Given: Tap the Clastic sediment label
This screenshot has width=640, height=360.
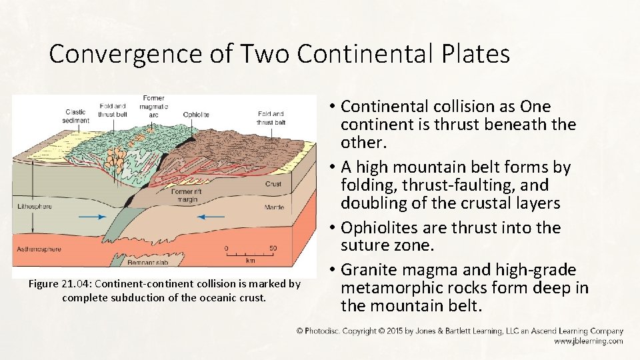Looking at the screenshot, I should point(75,117).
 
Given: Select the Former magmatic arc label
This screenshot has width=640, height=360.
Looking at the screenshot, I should point(153,107).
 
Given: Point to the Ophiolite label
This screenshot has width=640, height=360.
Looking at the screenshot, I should point(196,115).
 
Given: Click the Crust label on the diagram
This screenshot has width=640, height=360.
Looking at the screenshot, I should point(273,183).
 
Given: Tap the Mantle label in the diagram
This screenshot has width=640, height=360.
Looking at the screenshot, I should point(274,207).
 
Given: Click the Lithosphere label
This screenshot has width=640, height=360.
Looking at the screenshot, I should point(35,207).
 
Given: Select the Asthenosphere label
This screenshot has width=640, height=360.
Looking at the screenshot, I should point(39,249).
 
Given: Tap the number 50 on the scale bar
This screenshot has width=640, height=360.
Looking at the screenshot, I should point(273,249).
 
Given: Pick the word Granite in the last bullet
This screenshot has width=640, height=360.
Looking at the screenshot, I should point(372,271).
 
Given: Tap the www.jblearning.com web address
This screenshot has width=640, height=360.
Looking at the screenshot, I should point(588,341).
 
